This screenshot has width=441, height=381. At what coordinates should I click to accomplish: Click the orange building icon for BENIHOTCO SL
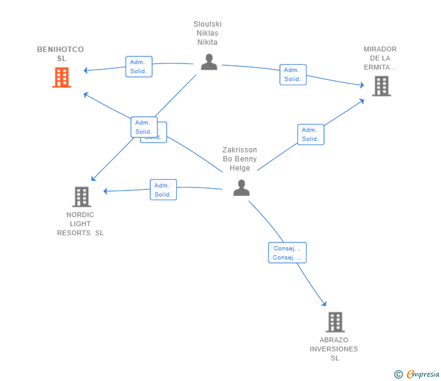pyautogui.click(x=62, y=77)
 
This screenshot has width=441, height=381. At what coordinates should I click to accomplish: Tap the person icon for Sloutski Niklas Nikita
pyautogui.click(x=209, y=62)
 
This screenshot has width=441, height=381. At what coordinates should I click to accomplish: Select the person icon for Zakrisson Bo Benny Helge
pyautogui.click(x=241, y=188)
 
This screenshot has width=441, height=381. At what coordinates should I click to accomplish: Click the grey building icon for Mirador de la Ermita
pyautogui.click(x=381, y=86)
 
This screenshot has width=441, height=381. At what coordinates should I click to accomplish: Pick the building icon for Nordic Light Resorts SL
pyautogui.click(x=82, y=197)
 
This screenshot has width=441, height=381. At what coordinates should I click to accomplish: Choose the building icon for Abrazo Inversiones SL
pyautogui.click(x=335, y=322)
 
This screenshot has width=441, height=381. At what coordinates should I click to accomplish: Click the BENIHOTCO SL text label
pyautogui.click(x=61, y=54)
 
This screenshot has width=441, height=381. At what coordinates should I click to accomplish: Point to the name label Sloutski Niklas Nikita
pyautogui.click(x=207, y=33)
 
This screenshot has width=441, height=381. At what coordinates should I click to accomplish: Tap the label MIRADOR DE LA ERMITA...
pyautogui.click(x=380, y=58)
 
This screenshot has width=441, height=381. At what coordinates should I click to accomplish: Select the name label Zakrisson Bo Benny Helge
pyautogui.click(x=239, y=159)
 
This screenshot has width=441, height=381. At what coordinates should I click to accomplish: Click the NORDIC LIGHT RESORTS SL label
pyautogui.click(x=81, y=224)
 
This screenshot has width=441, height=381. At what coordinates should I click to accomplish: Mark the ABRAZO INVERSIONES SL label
pyautogui.click(x=334, y=349)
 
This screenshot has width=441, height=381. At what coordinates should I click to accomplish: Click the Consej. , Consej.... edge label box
pyautogui.click(x=287, y=253)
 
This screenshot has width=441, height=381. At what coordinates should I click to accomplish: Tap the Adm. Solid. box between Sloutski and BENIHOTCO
pyautogui.click(x=139, y=67)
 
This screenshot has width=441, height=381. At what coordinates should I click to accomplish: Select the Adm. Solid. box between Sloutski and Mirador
pyautogui.click(x=293, y=74)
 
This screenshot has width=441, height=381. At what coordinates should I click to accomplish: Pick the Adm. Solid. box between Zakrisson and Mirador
pyautogui.click(x=310, y=134)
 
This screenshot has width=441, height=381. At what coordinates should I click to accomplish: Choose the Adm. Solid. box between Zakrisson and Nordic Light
pyautogui.click(x=163, y=190)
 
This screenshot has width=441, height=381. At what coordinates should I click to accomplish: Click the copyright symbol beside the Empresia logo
pyautogui.click(x=398, y=374)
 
